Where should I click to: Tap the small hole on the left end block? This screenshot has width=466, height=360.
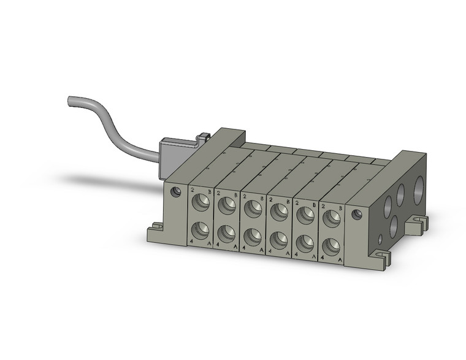tap(178, 192)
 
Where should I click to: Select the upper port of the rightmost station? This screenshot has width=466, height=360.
tap(332, 217)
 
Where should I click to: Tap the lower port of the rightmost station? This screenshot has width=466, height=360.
tap(332, 247)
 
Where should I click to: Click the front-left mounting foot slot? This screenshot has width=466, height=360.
tap(155, 228)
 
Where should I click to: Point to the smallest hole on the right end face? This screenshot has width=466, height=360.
tap(381, 237)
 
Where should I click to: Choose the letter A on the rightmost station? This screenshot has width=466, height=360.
tap(340, 260)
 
